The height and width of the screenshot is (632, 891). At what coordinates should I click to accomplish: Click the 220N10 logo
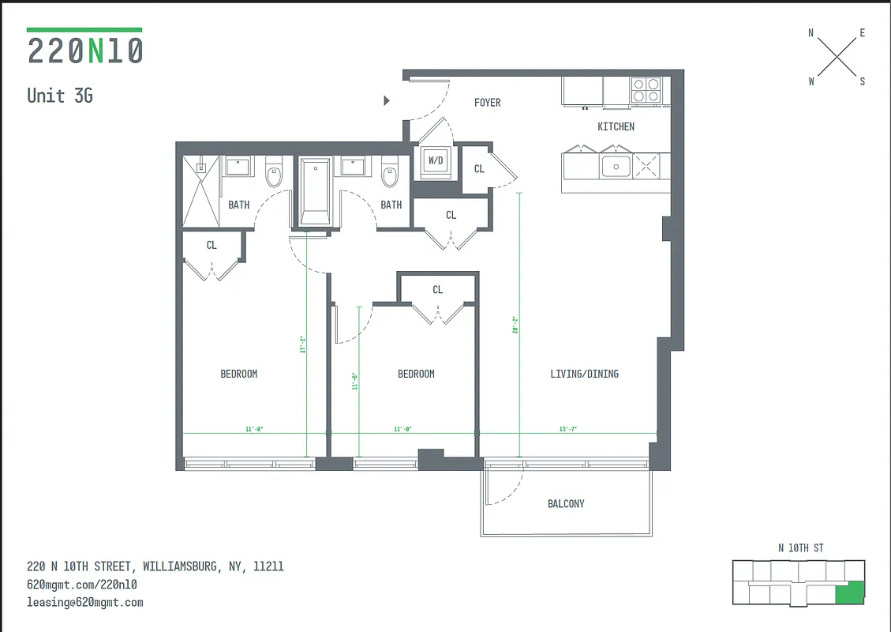[84, 49]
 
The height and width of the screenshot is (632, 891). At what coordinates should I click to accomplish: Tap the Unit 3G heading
[60, 96]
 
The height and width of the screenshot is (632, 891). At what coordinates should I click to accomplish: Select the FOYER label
[487, 103]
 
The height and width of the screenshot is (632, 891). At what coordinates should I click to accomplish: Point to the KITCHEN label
[616, 126]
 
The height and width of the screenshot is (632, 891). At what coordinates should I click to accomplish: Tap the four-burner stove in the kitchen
[646, 91]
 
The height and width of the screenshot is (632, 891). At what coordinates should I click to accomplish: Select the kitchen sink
[615, 167]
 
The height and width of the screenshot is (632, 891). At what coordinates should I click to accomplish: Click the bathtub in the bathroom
[316, 191]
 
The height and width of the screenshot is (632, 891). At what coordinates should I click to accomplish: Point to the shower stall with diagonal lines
[200, 191]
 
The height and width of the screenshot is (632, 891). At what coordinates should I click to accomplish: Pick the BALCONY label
[566, 504]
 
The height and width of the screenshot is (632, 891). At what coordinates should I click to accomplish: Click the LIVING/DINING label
[584, 374]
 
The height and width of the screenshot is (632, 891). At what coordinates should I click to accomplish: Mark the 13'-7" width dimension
[567, 429]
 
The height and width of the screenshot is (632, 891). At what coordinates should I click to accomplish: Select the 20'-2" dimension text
[515, 325]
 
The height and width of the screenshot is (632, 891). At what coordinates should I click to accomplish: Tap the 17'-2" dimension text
[302, 345]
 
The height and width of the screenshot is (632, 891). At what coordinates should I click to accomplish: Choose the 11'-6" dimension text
[355, 382]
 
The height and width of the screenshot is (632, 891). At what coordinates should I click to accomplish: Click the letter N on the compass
[811, 33]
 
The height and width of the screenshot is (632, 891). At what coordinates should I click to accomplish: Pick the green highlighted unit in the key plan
[850, 593]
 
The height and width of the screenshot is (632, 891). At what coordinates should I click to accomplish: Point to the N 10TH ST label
[801, 548]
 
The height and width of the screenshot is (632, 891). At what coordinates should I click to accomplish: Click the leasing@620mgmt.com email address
[85, 602]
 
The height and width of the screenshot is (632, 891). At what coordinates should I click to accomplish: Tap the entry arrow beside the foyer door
[387, 100]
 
